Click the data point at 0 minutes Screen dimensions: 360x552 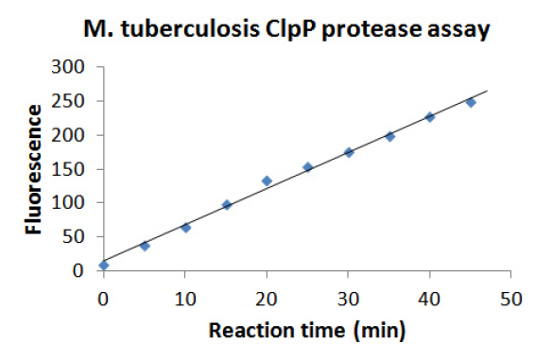pyautogui.click(x=104, y=265)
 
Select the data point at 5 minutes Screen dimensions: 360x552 pyautogui.click(x=145, y=246)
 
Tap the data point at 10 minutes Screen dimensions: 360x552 pyautogui.click(x=185, y=227)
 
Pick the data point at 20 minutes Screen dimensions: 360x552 pyautogui.click(x=267, y=180)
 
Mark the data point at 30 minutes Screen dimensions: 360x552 pyautogui.click(x=349, y=152)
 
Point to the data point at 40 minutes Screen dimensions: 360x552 pyautogui.click(x=429, y=117)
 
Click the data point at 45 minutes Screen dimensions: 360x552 pyautogui.click(x=470, y=102)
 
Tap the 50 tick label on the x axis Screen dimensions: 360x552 pyautogui.click(x=511, y=299)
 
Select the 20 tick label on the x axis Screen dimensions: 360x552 pyautogui.click(x=267, y=299)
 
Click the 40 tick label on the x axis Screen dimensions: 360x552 pyautogui.click(x=430, y=299)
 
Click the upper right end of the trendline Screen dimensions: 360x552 pyautogui.click(x=487, y=91)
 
